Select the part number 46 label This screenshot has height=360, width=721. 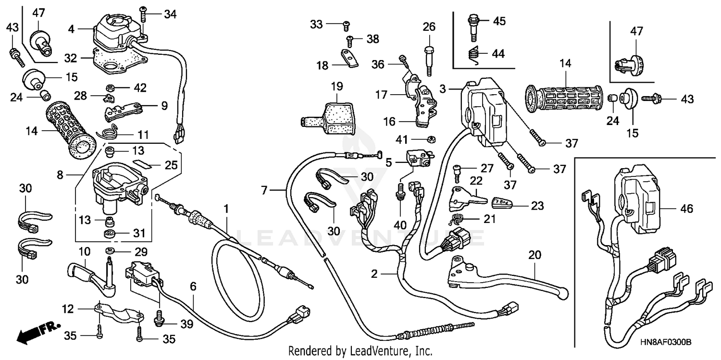click(x=686, y=209)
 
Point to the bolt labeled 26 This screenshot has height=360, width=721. click(x=429, y=58)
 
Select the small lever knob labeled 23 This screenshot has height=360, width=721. click(x=503, y=202)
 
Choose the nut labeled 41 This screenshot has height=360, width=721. click(x=432, y=140)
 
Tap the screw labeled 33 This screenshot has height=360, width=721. click(x=347, y=24)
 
